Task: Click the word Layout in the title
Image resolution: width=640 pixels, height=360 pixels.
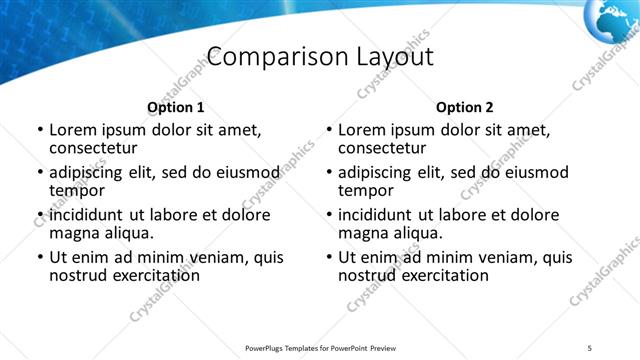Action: [x=392, y=57]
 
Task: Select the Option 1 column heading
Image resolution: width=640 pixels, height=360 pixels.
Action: [x=175, y=107]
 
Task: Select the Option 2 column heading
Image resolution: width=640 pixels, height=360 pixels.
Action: [x=464, y=107]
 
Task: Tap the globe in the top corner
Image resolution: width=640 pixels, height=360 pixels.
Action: [x=613, y=17]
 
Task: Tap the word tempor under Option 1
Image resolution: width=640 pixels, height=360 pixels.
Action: [x=77, y=190]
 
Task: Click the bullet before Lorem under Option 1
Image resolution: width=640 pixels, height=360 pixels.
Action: [x=40, y=130]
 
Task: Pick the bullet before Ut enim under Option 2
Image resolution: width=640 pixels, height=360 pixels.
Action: [x=329, y=257]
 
